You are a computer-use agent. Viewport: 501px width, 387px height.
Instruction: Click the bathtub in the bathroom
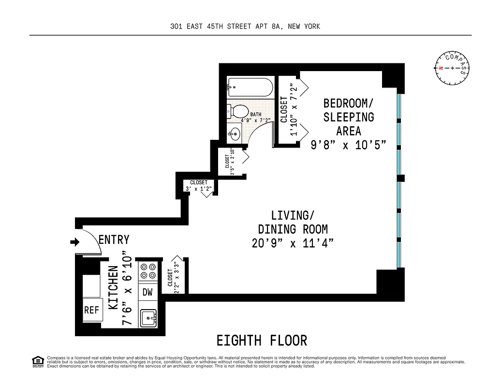(x=250, y=88)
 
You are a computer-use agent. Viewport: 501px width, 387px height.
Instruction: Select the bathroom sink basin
(x=235, y=133)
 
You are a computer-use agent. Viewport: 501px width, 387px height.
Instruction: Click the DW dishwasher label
(x=147, y=292)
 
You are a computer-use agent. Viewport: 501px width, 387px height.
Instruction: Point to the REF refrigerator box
(x=91, y=310)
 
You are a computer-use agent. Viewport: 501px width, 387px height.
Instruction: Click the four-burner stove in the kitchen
(x=147, y=271)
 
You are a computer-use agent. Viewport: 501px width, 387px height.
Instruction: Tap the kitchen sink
(x=147, y=318)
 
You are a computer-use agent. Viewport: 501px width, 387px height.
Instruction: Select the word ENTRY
(x=114, y=239)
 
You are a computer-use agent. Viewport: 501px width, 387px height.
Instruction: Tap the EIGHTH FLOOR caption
(x=262, y=341)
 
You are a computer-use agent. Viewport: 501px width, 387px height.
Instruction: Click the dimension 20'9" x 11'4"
(x=293, y=243)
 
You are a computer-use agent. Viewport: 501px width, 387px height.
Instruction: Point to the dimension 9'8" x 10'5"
(x=348, y=144)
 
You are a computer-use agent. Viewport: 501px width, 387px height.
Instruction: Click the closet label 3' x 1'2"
(x=198, y=189)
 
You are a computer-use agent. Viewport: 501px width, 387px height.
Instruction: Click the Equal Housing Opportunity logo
(x=37, y=361)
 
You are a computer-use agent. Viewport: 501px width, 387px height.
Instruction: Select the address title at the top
(x=245, y=27)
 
